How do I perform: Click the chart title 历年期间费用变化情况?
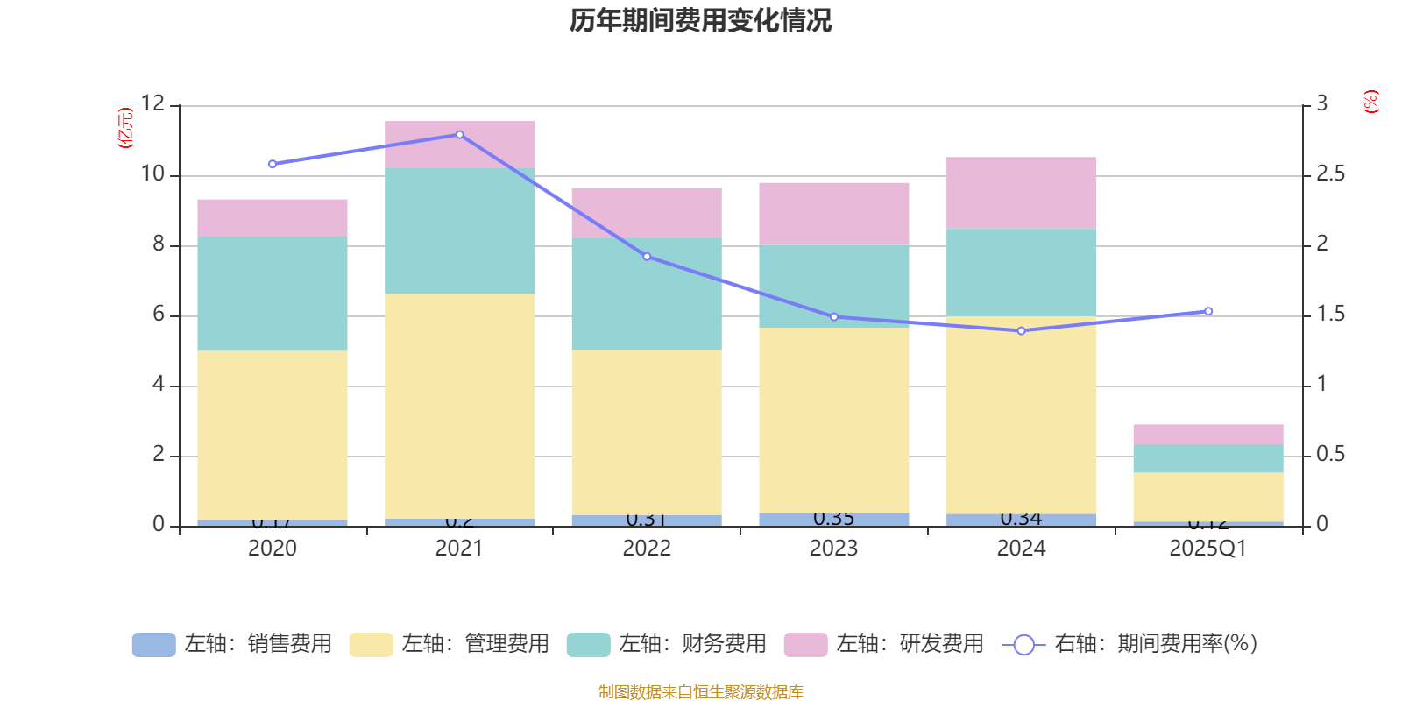700,20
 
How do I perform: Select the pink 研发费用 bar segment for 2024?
1021,193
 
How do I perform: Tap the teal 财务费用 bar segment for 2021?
459,230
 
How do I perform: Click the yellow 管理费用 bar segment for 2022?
647,432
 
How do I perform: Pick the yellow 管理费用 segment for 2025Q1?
1207,497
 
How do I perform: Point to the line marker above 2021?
459,135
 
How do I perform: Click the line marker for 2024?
1021,331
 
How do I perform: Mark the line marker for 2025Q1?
1208,311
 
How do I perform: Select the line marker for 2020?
273,164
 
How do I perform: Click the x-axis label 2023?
833,549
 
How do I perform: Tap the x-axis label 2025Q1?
1207,549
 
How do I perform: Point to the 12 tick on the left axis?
152,104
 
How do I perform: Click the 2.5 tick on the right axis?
1330,174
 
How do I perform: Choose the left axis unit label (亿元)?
125,128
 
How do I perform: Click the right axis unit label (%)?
1370,102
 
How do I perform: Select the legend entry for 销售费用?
232,644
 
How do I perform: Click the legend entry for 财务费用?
667,644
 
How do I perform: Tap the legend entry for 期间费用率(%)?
1130,644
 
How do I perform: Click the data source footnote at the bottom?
700,692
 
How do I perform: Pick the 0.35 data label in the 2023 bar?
833,519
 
